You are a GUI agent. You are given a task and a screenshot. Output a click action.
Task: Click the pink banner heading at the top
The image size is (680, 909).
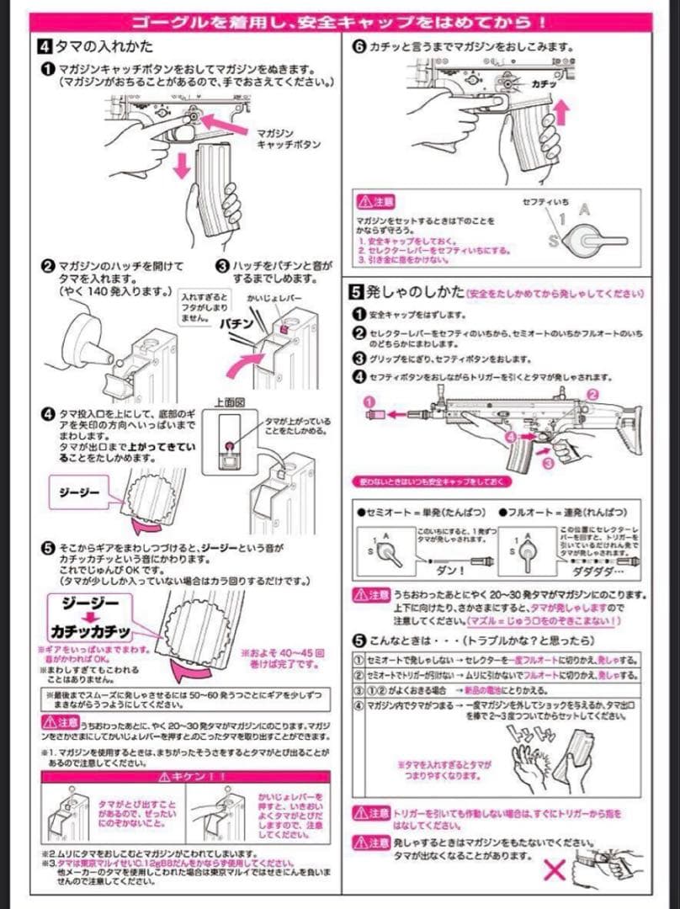(340, 19)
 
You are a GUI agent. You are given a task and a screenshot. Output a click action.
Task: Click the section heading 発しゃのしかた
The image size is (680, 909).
(415, 292)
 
